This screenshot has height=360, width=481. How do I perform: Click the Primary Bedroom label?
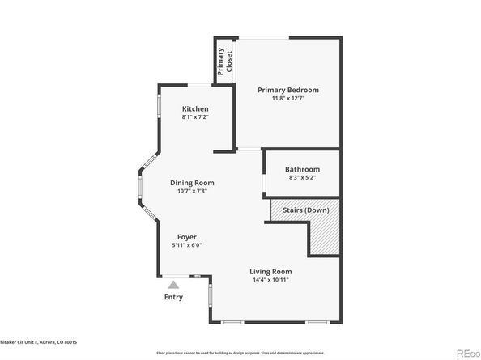point(287,90)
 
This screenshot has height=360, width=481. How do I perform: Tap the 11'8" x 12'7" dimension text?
point(287,99)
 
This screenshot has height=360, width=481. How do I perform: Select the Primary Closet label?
point(223,61)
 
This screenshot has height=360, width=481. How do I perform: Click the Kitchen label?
point(195,109)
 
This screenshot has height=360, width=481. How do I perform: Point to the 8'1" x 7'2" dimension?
point(195,117)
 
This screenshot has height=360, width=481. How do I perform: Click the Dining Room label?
point(192,183)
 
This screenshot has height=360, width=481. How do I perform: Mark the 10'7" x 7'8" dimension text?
point(192,191)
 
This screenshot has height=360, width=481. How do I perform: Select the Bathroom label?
point(303,169)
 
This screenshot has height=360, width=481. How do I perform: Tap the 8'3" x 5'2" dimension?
point(303,177)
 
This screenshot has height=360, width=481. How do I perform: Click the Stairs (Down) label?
point(305,210)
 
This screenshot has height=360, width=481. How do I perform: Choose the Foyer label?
point(186,237)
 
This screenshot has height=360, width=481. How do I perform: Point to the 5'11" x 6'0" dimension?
point(186,245)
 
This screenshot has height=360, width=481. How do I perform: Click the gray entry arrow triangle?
point(173,284)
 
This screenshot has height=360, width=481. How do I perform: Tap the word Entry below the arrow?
point(173,297)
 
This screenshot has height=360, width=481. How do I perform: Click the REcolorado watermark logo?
point(466,352)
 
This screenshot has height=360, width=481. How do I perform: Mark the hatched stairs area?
point(324,235)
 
